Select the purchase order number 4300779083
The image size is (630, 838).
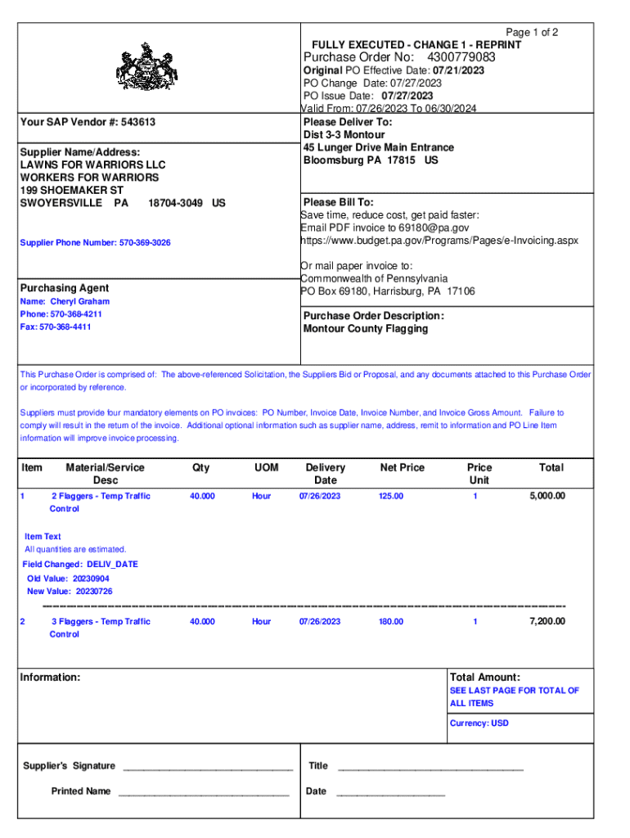(461, 57)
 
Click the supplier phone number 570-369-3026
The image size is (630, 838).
(145, 243)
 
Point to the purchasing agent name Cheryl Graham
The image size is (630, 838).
(85, 301)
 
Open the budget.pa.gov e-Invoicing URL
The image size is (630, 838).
(439, 241)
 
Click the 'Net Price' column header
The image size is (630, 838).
(402, 467)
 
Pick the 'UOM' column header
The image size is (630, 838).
(266, 467)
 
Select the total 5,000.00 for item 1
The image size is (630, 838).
(547, 496)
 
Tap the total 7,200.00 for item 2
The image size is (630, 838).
(547, 622)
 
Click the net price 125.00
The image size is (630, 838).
(390, 496)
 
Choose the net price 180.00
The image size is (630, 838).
(390, 622)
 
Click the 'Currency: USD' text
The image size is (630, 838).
(479, 723)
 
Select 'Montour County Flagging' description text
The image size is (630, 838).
(365, 329)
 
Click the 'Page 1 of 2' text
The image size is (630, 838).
(533, 33)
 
